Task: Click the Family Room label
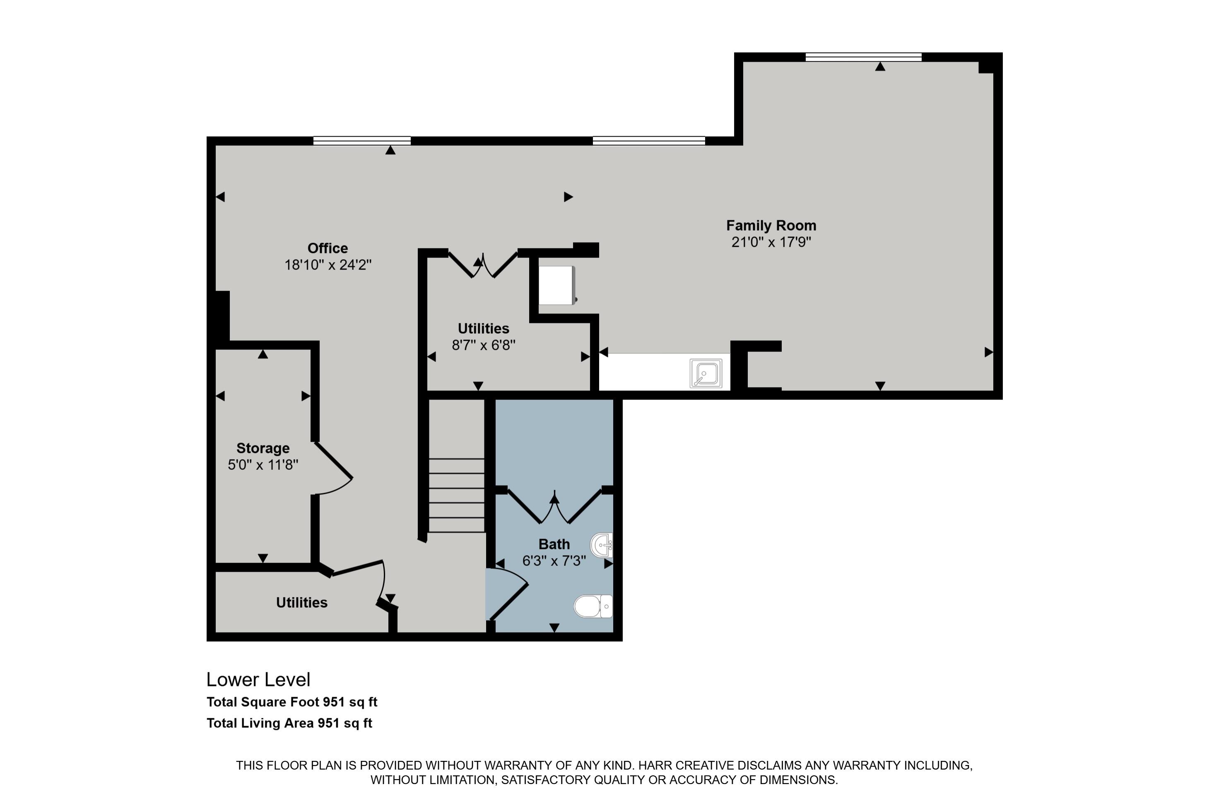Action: coord(771,226)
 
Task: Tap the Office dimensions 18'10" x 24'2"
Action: coord(328,265)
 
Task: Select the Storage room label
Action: coord(263,448)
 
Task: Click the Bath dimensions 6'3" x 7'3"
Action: coord(554,561)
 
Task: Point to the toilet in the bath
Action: coord(592,606)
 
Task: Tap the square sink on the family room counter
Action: coord(706,373)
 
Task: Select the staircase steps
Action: coord(456,495)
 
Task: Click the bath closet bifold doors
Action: coord(554,506)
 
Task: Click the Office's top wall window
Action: coord(362,140)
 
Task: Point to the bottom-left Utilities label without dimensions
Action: coord(302,602)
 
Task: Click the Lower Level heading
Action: coord(258,680)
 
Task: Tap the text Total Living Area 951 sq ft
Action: coord(289,723)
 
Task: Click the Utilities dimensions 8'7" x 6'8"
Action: coord(483,345)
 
